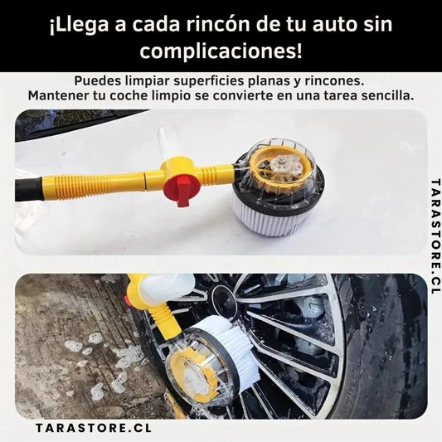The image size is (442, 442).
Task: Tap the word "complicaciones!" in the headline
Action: coord(221,52)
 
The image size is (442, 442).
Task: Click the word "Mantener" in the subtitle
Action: coord(58,96)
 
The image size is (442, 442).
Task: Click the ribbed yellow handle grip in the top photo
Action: coord(93,185)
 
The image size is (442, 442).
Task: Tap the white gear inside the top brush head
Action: coord(282,166)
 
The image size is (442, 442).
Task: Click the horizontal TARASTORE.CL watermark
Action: coord(94,428)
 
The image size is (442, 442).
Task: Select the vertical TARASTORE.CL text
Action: coord(435,236)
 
